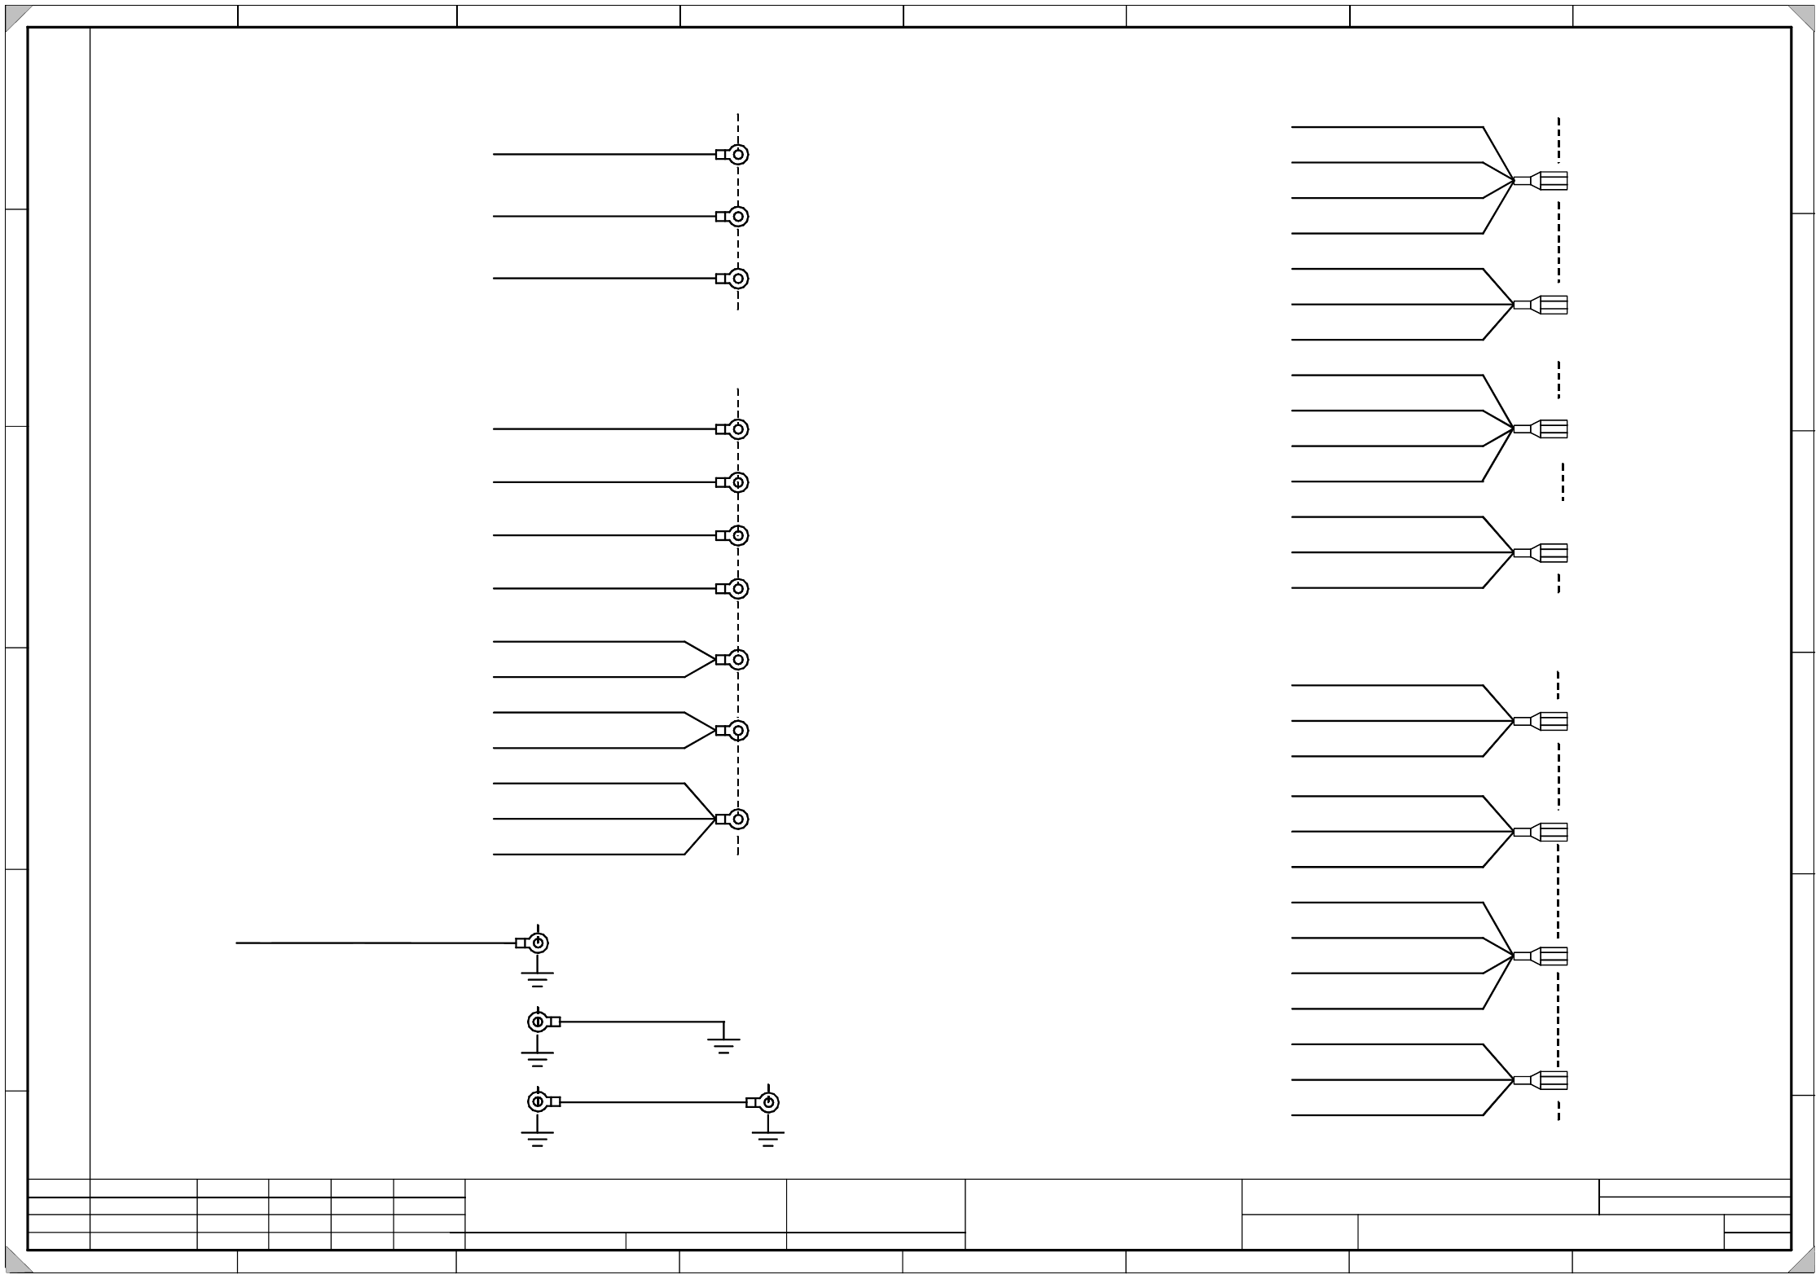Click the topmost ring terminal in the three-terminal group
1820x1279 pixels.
pos(736,155)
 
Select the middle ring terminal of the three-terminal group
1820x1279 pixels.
pos(736,217)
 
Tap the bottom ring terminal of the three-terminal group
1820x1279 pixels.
pos(736,279)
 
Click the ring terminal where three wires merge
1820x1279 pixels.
pos(736,819)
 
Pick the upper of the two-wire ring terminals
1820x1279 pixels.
pos(736,659)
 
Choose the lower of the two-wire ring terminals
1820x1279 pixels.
pos(736,731)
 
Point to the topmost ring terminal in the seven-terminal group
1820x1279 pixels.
pos(736,429)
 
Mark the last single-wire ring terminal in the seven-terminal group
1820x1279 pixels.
pos(736,588)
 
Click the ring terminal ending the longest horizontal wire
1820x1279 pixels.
pos(536,943)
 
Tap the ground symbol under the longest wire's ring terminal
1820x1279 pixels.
pos(537,978)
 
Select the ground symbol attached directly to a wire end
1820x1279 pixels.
pos(723,1044)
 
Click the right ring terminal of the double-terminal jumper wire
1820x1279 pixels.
pos(767,1102)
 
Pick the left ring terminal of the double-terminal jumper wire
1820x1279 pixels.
pos(538,1102)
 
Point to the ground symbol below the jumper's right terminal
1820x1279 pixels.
pos(767,1137)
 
